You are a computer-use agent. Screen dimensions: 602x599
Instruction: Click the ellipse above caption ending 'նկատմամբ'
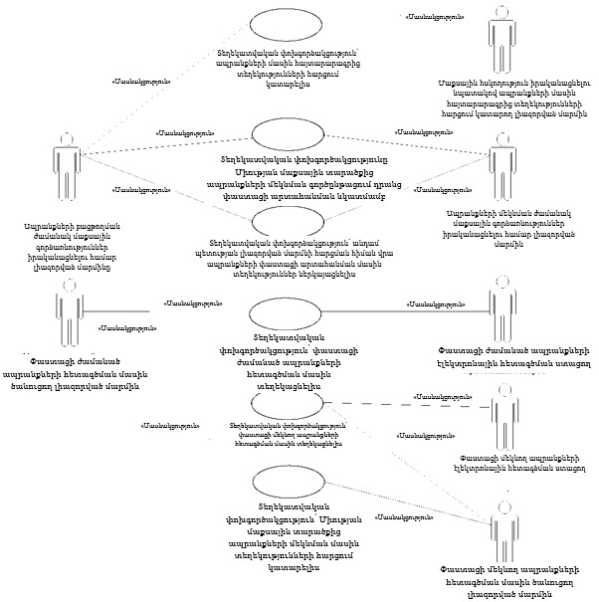[x=290, y=136]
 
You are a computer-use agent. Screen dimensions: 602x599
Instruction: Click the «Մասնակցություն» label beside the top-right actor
[x=435, y=17]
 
